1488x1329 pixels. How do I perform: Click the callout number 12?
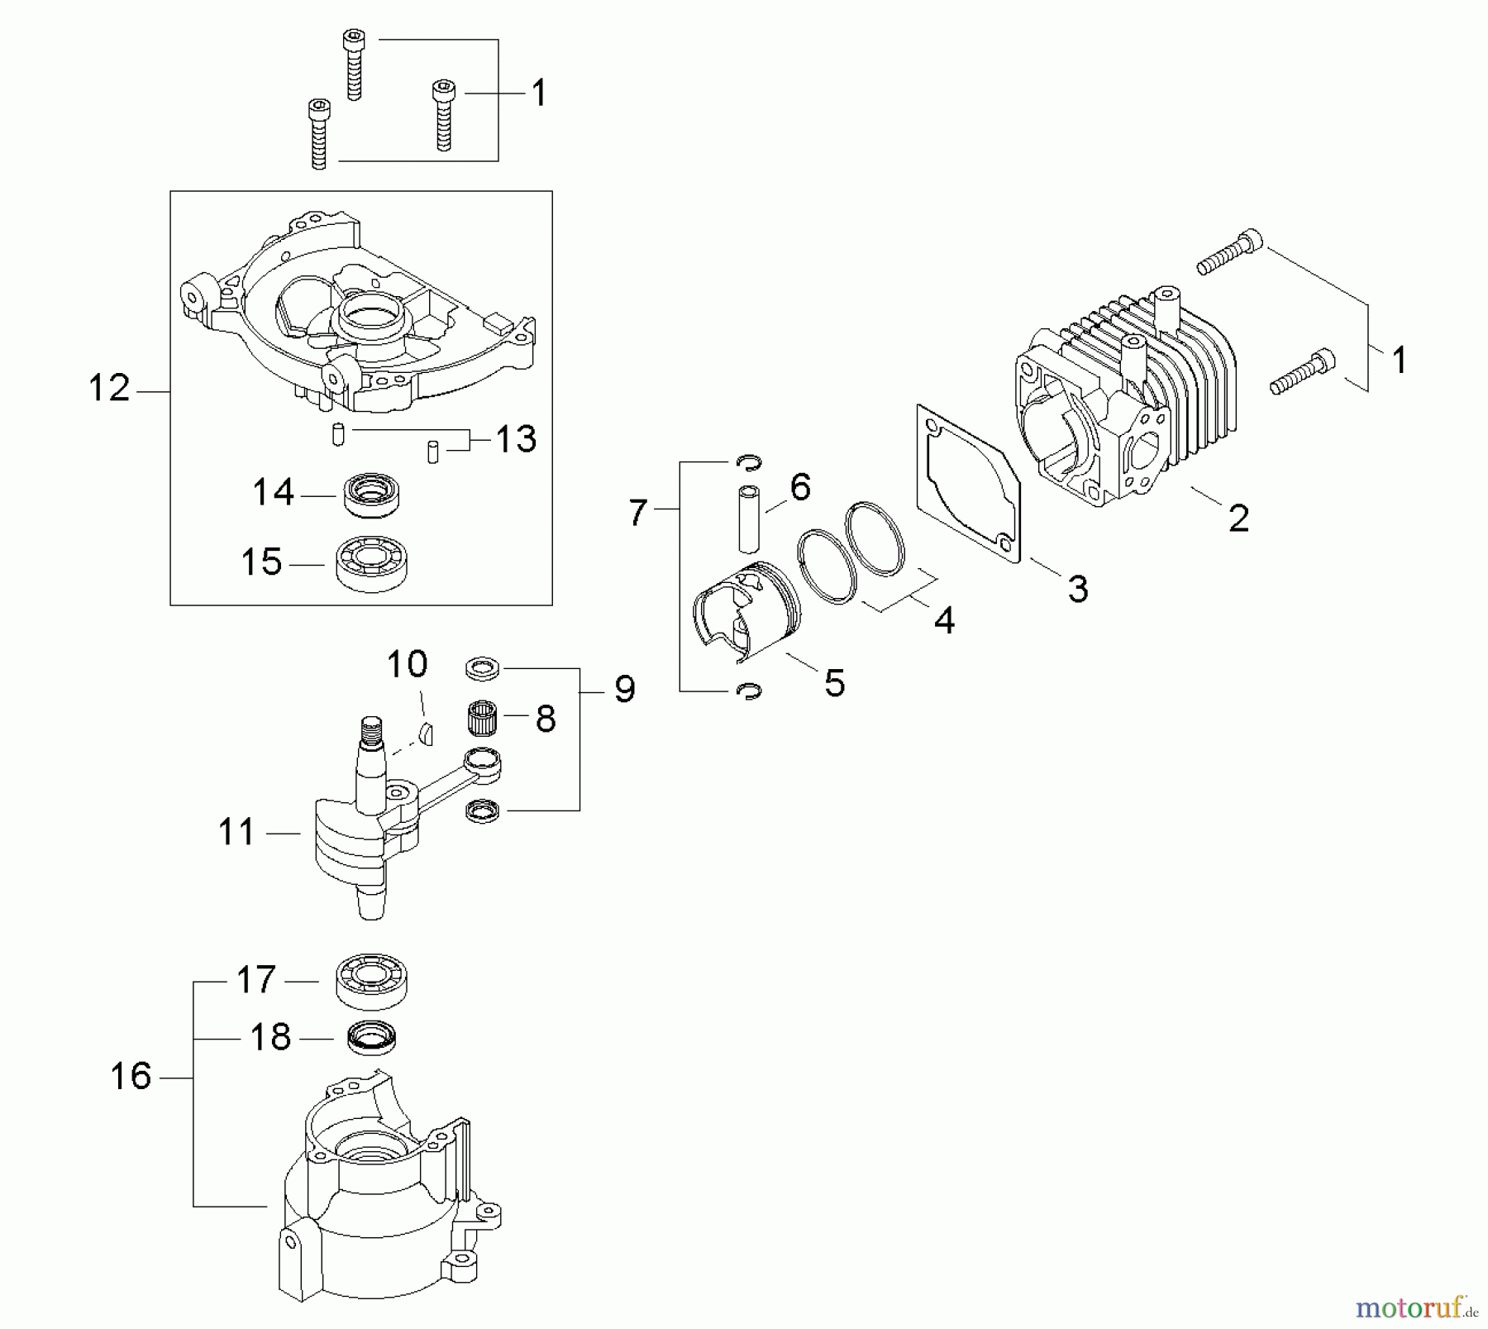pyautogui.click(x=109, y=389)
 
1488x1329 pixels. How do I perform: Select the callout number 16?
pyautogui.click(x=131, y=1077)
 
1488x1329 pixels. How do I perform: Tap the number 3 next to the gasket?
pyautogui.click(x=1078, y=590)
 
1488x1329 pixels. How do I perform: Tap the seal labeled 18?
pyautogui.click(x=372, y=1037)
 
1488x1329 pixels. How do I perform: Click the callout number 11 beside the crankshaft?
pyautogui.click(x=236, y=832)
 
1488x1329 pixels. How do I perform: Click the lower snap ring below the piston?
pyautogui.click(x=749, y=691)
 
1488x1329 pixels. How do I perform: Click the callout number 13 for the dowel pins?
pyautogui.click(x=516, y=439)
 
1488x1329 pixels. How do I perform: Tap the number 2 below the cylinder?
pyautogui.click(x=1238, y=519)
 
